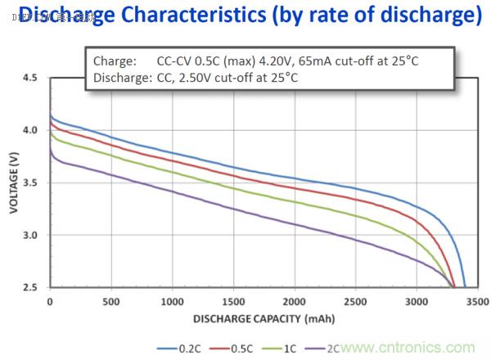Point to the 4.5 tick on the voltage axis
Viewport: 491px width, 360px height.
pyautogui.click(x=30, y=78)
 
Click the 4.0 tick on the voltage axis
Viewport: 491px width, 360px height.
pyautogui.click(x=30, y=130)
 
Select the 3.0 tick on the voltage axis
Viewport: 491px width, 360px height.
pyautogui.click(x=30, y=235)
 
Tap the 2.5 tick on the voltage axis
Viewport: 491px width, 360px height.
pyautogui.click(x=30, y=287)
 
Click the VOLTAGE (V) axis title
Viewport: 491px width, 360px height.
pyautogui.click(x=13, y=182)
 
